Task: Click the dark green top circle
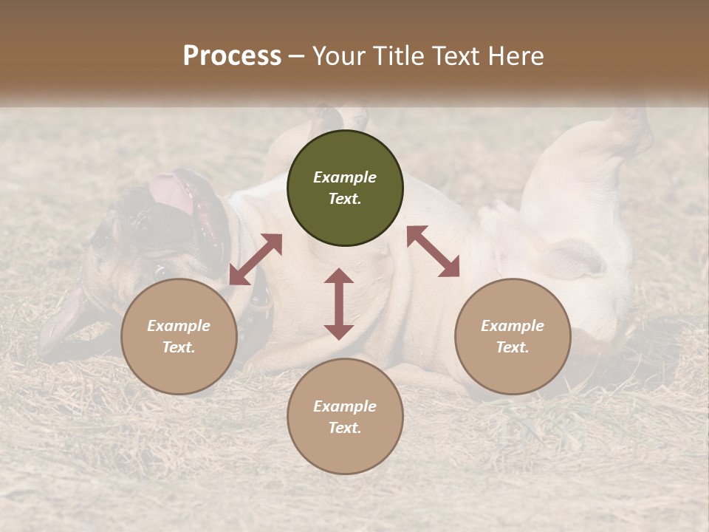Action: point(345,188)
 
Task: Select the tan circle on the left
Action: point(179,337)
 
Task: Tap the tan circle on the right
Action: point(513,337)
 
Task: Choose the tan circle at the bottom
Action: point(345,417)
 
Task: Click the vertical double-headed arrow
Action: point(339,304)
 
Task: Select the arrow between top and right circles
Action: point(433,251)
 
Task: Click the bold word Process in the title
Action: point(232,56)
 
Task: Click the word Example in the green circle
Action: point(345,177)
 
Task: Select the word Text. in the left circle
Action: point(179,347)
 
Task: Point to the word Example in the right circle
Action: point(513,326)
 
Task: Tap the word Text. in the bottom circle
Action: point(345,428)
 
